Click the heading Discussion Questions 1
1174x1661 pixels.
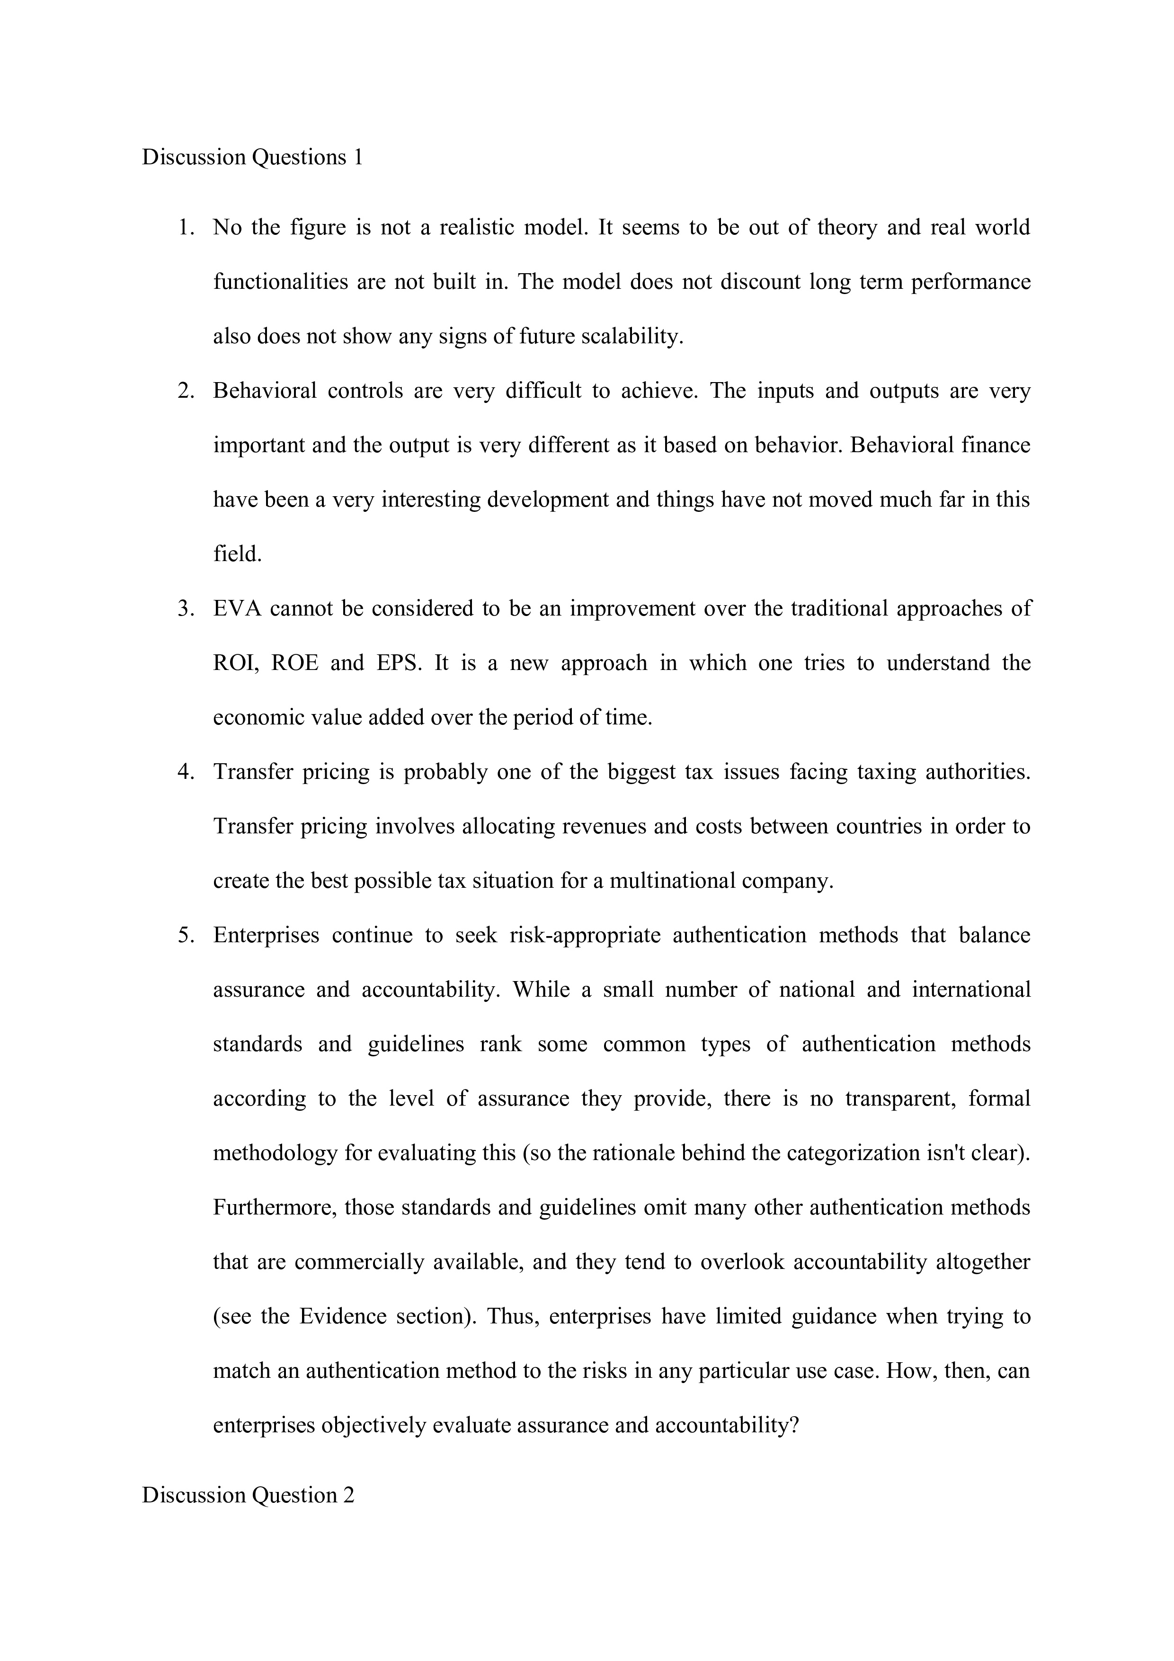[252, 157]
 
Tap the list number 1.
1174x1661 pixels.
[186, 227]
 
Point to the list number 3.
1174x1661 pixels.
[186, 608]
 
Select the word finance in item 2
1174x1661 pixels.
[995, 445]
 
